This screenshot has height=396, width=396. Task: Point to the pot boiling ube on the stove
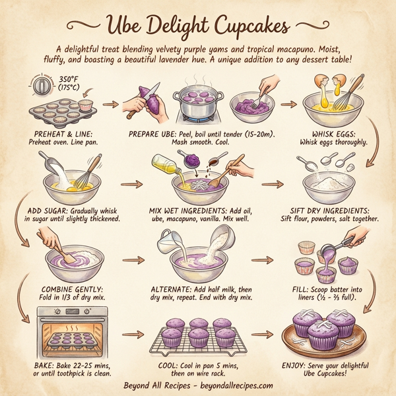point(198,102)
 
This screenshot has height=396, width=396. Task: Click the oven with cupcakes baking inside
point(65,333)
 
